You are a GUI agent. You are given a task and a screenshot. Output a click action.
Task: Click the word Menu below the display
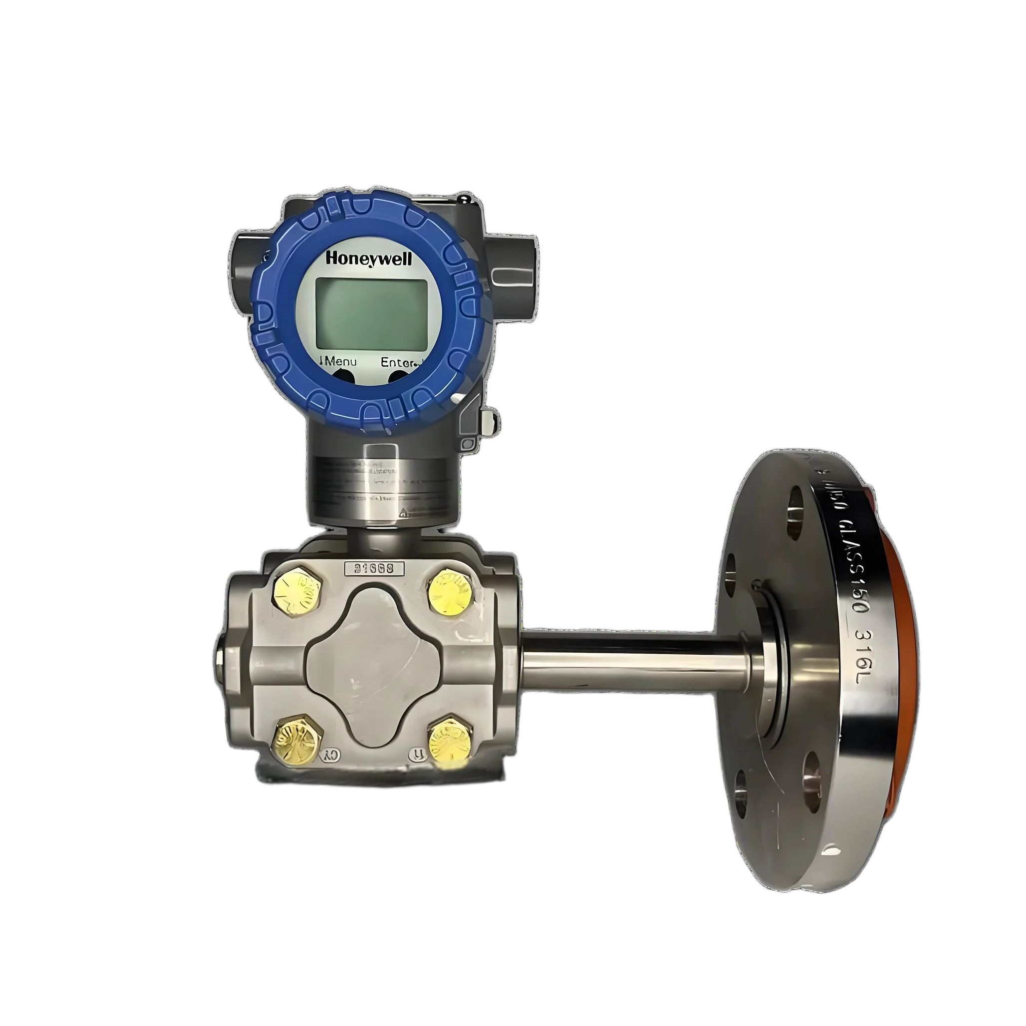[x=340, y=362]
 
